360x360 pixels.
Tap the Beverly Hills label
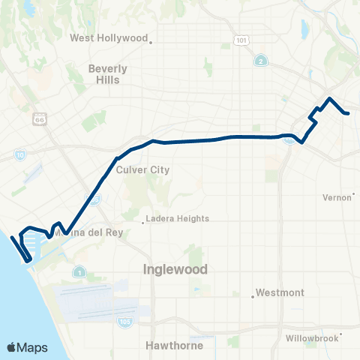tap(107, 73)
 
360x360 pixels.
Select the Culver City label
tap(143, 169)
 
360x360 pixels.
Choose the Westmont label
tap(279, 292)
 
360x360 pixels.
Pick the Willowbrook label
tap(311, 338)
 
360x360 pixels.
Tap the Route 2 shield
tap(260, 61)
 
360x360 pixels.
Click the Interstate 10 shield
tap(19, 154)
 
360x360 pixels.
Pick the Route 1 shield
tap(79, 271)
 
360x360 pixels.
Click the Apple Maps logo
tap(26, 347)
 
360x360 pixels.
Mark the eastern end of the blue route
tap(348, 113)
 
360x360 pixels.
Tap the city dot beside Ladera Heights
tap(144, 221)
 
